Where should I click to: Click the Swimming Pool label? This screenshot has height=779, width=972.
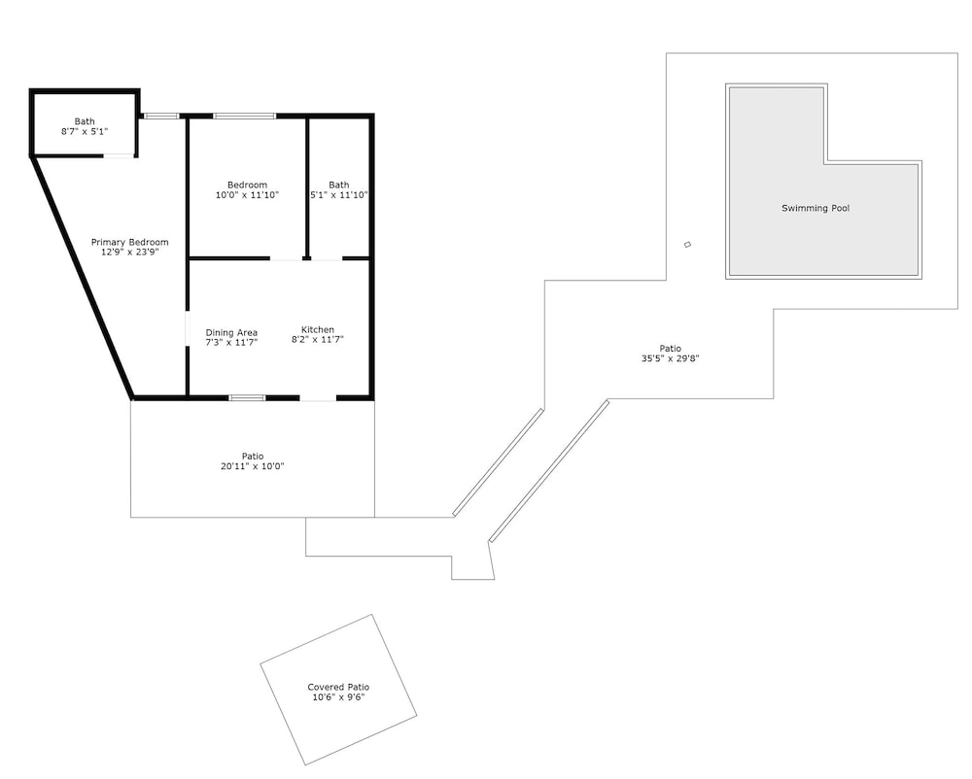coord(816,208)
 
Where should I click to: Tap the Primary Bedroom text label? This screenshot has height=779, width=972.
coord(129,242)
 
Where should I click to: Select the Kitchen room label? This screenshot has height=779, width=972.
coord(318,329)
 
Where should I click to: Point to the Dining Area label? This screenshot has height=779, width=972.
coord(231,332)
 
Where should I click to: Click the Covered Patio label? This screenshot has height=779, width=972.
coord(338,687)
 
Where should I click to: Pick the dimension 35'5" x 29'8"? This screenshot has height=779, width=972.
coord(670,357)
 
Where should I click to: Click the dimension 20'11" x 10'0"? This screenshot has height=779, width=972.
coord(253,466)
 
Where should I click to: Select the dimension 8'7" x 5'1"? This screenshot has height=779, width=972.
coord(85,131)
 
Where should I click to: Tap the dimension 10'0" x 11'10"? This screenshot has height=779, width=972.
coord(247,195)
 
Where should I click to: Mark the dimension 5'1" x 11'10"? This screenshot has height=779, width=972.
coord(339,195)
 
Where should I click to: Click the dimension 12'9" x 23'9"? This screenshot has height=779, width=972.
coord(129,252)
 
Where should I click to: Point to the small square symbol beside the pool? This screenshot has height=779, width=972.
coord(687,245)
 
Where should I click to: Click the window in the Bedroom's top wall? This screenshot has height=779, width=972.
coord(244,116)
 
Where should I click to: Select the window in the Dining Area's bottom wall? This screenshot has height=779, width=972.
coord(247,397)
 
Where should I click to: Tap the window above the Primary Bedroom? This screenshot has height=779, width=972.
coord(161,116)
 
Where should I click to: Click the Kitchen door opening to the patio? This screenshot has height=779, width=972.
coord(319,398)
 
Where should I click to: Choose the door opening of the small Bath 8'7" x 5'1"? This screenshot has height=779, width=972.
coord(119,155)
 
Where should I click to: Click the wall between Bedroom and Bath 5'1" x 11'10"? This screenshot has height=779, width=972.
coord(307,187)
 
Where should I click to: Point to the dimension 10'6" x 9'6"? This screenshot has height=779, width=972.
coord(338,697)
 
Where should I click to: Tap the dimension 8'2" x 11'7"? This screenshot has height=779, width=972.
coord(318,339)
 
